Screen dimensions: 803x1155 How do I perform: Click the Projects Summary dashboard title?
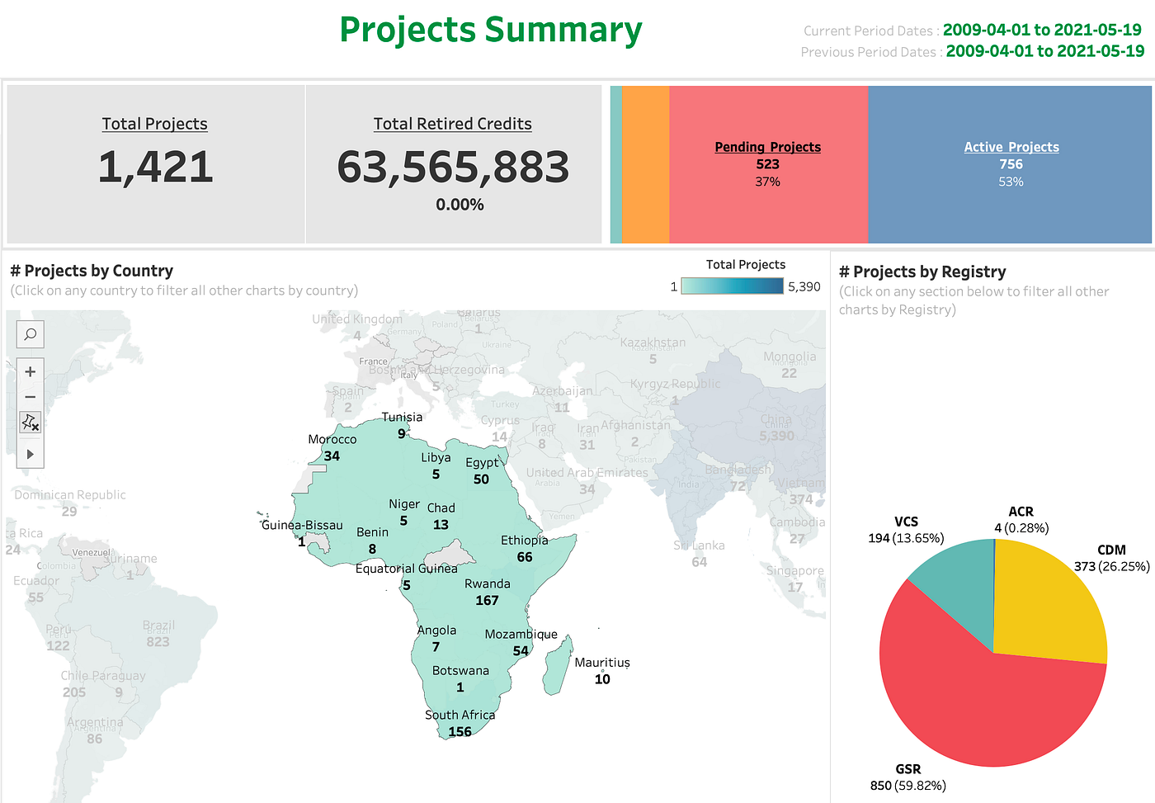[491, 31]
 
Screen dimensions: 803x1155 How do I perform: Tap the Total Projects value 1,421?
[155, 167]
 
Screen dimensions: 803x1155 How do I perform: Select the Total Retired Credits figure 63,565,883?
[453, 168]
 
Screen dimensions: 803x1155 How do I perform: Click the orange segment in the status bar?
[645, 164]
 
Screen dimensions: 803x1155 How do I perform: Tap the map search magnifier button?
[31, 334]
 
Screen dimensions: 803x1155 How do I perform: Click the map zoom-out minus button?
[31, 397]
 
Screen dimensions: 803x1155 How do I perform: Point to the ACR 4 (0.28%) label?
[1021, 520]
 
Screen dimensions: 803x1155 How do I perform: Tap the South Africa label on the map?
[460, 715]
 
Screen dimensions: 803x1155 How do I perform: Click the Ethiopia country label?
[524, 540]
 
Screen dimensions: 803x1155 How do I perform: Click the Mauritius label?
[602, 662]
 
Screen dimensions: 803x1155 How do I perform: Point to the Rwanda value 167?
[487, 600]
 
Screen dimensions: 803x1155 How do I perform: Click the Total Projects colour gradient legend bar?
[744, 286]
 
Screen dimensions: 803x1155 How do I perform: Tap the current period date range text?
[1042, 30]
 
